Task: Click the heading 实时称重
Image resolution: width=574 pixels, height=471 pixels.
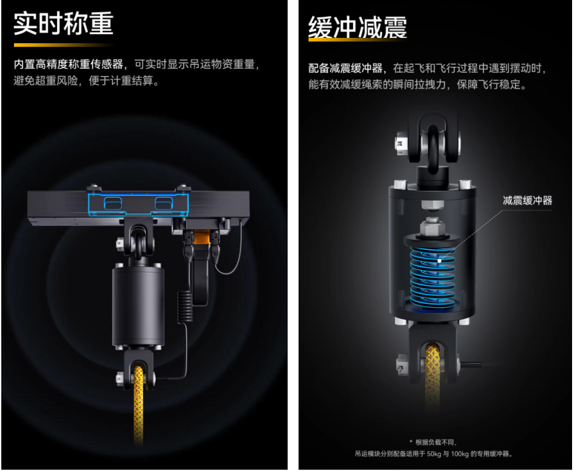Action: pyautogui.click(x=64, y=24)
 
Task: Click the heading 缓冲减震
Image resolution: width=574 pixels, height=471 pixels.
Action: pyautogui.click(x=358, y=27)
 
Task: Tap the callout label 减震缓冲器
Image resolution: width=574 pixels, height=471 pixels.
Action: pyautogui.click(x=527, y=200)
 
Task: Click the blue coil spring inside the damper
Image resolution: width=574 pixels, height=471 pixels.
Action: pyautogui.click(x=433, y=276)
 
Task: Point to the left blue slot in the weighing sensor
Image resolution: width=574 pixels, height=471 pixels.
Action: pyautogui.click(x=113, y=203)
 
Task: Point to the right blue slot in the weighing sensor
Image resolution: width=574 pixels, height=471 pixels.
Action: pyautogui.click(x=163, y=203)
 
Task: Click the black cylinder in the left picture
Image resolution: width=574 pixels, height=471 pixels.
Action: pyautogui.click(x=138, y=307)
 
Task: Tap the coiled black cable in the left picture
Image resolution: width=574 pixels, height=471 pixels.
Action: pyautogui.click(x=184, y=307)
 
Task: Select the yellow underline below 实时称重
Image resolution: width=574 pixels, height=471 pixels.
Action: pyautogui.click(x=64, y=45)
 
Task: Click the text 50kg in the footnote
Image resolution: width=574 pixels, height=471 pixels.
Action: pyautogui.click(x=433, y=454)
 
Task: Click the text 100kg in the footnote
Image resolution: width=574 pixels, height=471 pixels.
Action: pyautogui.click(x=460, y=454)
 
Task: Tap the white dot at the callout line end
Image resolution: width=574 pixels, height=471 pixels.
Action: pyautogui.click(x=440, y=260)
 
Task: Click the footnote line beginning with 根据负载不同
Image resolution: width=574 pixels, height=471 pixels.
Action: pyautogui.click(x=433, y=442)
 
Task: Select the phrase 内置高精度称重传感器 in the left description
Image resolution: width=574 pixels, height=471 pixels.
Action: pyautogui.click(x=68, y=64)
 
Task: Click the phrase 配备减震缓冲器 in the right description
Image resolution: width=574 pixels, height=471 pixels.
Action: pyautogui.click(x=345, y=68)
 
